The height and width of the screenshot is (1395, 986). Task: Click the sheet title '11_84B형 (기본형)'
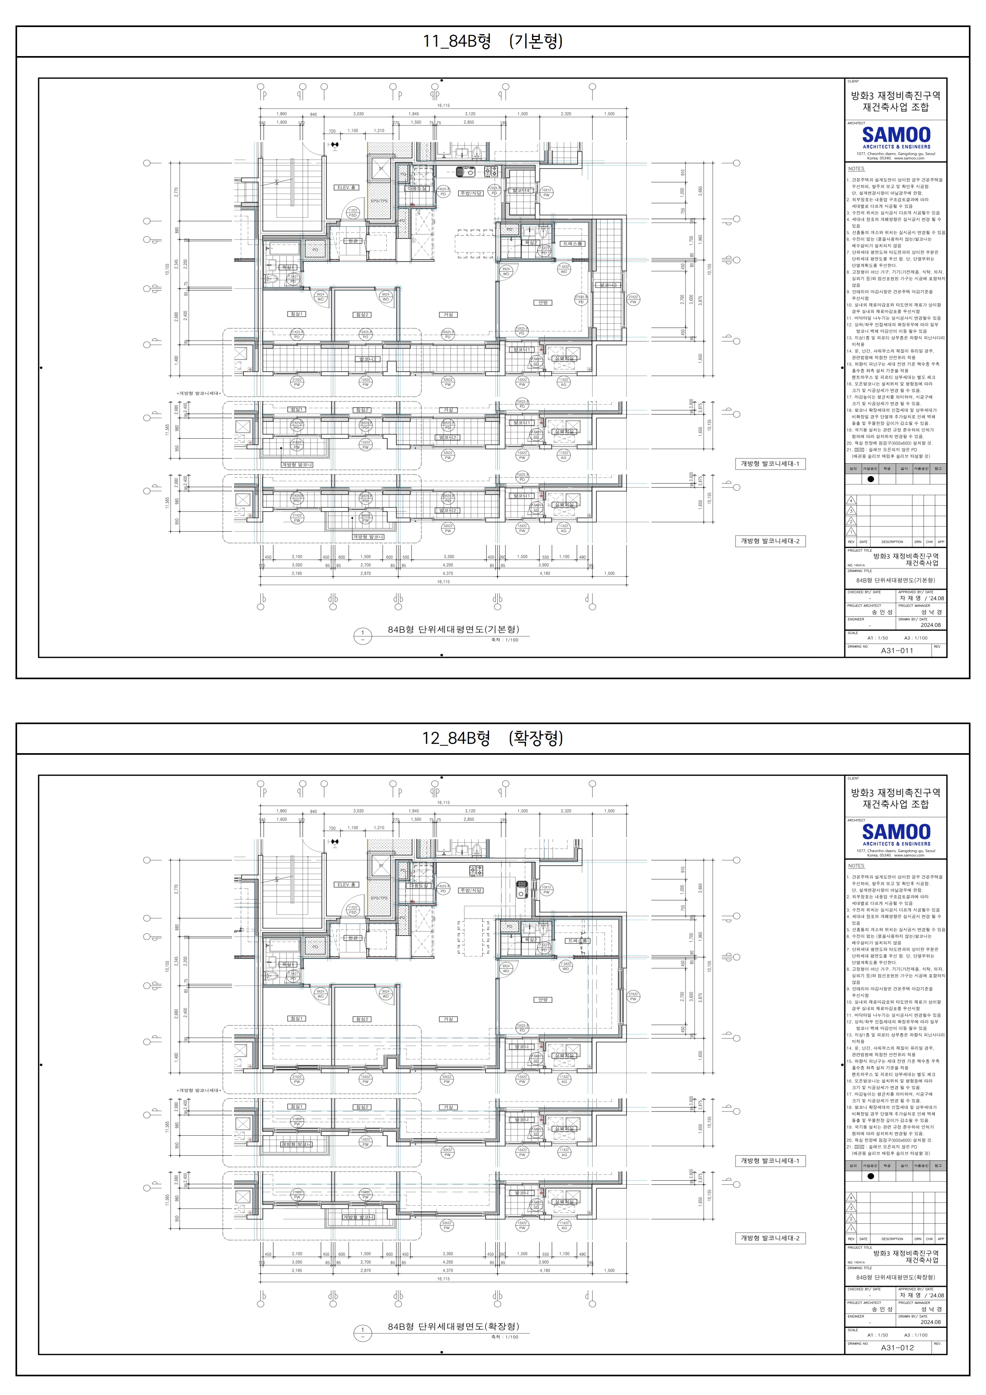coord(493,41)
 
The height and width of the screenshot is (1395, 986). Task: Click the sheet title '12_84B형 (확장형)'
coord(493,738)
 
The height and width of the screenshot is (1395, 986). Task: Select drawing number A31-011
coord(897,650)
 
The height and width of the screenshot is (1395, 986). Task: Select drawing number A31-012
coord(897,1347)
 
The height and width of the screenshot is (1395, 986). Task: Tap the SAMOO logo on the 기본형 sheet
coord(896,137)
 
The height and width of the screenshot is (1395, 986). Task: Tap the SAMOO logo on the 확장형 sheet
coord(896,834)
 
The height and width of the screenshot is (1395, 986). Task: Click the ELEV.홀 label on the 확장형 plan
coord(346,885)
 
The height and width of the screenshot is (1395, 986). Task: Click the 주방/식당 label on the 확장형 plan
coord(471,890)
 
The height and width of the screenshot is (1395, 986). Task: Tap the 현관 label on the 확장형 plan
coord(352,938)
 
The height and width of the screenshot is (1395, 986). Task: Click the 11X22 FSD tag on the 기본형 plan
coord(352,213)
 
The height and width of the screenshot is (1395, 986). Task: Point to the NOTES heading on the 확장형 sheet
coord(856,866)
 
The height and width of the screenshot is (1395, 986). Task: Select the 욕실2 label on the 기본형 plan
coord(531,243)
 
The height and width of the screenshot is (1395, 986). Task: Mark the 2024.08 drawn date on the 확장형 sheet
coord(930,1321)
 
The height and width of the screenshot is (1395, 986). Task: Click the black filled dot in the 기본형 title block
coord(871,479)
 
